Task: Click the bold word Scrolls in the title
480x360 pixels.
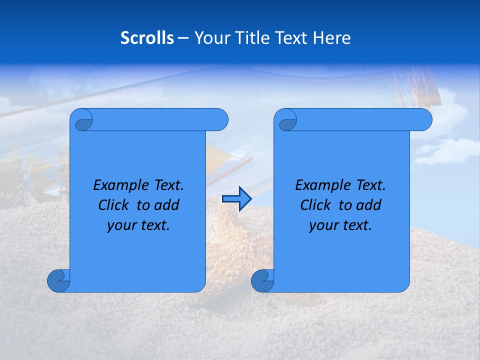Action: tap(147, 38)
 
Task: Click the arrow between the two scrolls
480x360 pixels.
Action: tap(236, 199)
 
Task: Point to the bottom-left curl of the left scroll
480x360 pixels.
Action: tap(58, 280)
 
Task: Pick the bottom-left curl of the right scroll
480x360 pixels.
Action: tap(262, 280)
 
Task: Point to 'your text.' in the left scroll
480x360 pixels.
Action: tap(138, 225)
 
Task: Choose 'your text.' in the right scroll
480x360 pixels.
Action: tap(340, 225)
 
